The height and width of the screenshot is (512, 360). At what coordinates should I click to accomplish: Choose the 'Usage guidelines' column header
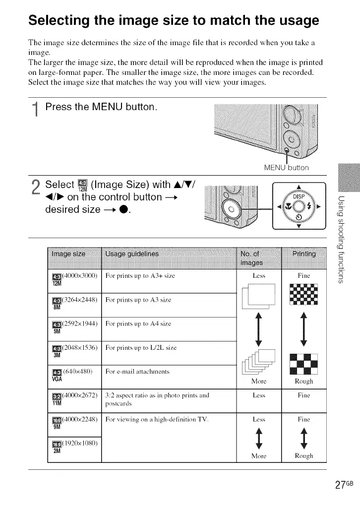click(x=132, y=254)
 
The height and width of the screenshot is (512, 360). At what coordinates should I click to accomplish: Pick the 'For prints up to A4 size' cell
click(x=138, y=323)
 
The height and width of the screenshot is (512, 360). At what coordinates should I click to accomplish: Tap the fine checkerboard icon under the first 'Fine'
click(x=303, y=296)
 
